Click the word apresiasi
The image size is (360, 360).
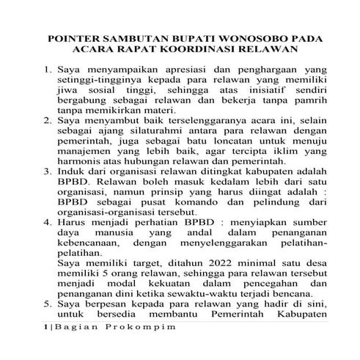click(179, 70)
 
